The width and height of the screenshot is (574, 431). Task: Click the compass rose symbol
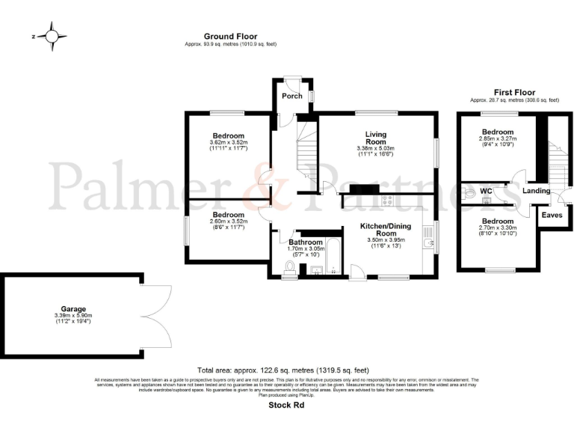tap(52, 35)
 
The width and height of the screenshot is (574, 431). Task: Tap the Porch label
tap(291, 96)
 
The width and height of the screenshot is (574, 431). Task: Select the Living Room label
tap(375, 138)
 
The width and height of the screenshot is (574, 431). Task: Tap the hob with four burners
tap(388, 200)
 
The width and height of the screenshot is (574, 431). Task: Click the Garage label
tap(73, 308)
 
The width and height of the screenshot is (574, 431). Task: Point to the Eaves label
tap(552, 215)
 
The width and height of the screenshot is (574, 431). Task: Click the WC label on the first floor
tap(485, 192)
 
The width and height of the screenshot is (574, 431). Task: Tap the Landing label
tap(536, 191)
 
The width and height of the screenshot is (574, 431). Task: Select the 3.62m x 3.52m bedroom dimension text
tap(228, 142)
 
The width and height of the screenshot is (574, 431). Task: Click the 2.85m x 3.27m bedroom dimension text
tap(497, 138)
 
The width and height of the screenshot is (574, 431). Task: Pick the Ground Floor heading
tap(230, 36)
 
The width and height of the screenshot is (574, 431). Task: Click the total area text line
tap(283, 370)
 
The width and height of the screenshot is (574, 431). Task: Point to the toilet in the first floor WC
tap(469, 193)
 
